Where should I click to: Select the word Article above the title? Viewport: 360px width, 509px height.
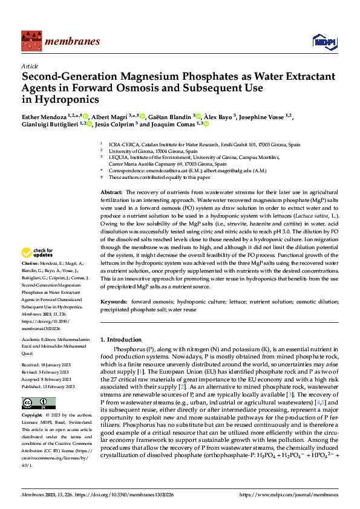coord(30,66)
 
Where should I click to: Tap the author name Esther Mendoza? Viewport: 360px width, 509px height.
coord(44,116)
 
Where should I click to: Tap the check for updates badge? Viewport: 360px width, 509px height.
coord(38,253)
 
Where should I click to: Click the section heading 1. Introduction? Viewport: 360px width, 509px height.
coord(121,340)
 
